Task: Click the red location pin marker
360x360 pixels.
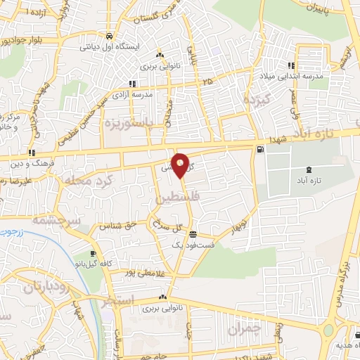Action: (x=181, y=165)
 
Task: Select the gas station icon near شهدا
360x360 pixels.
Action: (x=261, y=148)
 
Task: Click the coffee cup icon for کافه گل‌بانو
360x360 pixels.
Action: (x=94, y=253)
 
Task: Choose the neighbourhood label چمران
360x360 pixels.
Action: (x=245, y=328)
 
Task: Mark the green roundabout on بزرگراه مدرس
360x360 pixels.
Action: (x=328, y=331)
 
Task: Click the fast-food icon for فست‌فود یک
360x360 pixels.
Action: (x=193, y=235)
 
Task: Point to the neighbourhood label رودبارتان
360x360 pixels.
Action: (x=28, y=286)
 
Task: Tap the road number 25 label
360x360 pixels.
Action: (x=207, y=82)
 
